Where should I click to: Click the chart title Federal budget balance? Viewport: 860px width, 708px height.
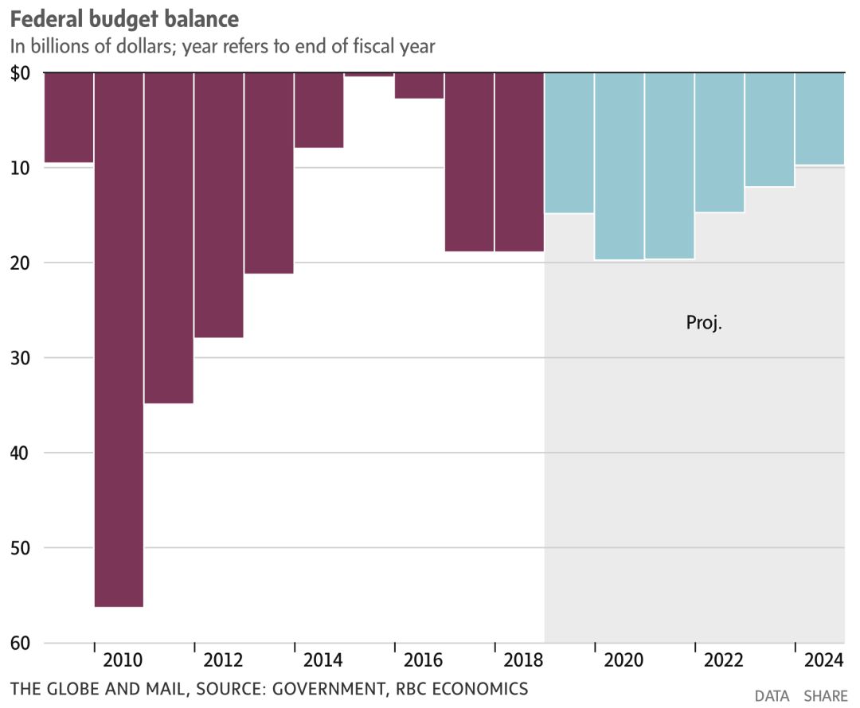coord(124,18)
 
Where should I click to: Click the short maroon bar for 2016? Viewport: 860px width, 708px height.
coord(419,85)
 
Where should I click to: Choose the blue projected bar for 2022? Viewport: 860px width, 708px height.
coord(719,142)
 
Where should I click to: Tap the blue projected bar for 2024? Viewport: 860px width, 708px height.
coord(819,119)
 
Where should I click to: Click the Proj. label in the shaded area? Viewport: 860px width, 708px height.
coord(703,323)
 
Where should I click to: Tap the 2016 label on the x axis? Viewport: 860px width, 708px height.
coord(424,660)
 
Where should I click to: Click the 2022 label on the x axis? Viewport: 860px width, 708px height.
coord(724,660)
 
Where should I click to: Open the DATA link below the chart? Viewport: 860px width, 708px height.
coord(772,696)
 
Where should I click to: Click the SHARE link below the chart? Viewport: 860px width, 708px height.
coord(825,696)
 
